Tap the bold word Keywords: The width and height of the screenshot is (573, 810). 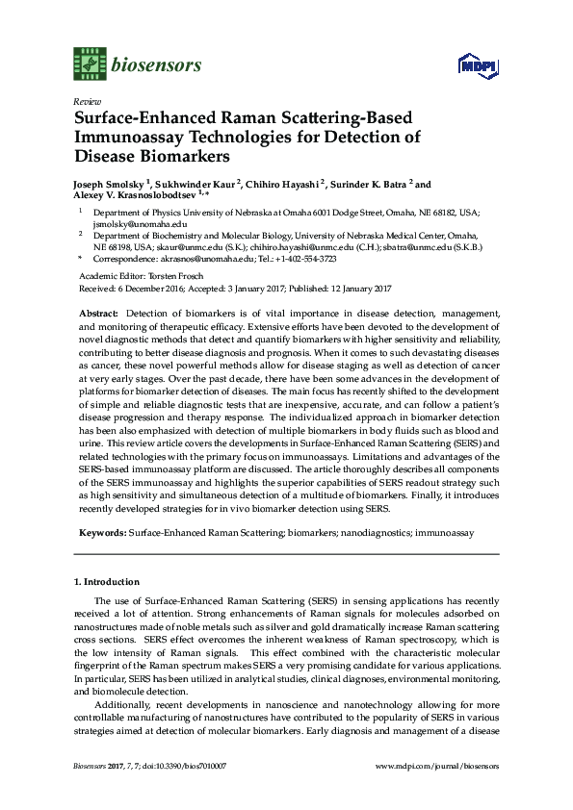click(99, 531)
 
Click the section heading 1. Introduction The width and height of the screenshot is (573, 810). click(107, 583)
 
